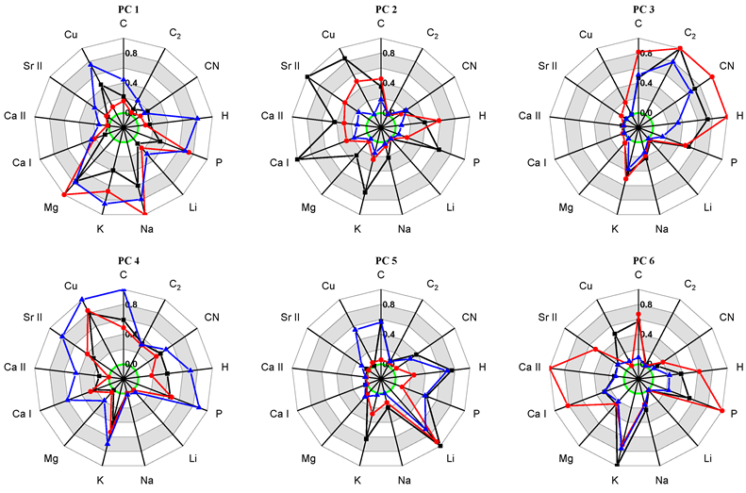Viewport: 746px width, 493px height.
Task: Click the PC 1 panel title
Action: pos(124,8)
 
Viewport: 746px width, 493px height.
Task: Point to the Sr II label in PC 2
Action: pos(290,66)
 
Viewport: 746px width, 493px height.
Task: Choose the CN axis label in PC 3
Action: pos(726,66)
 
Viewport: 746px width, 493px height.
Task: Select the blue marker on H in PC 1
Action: pos(196,119)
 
